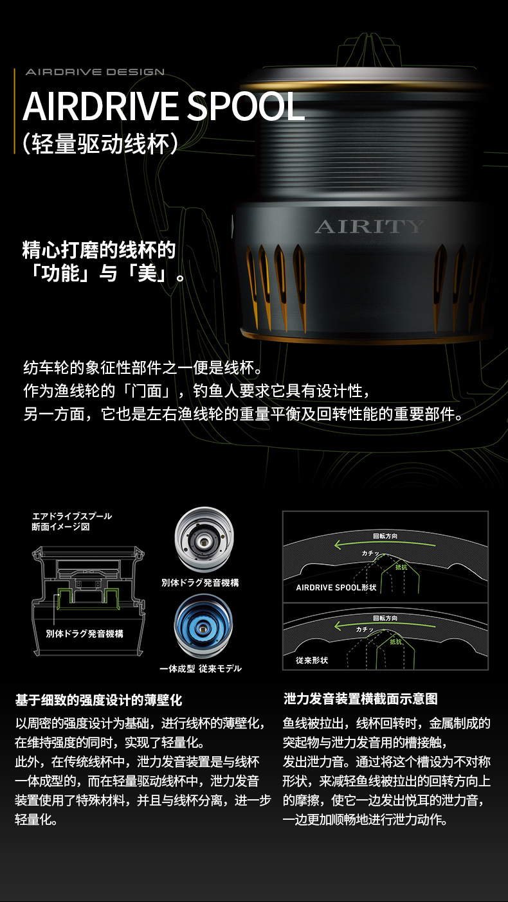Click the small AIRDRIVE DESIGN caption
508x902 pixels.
(x=95, y=72)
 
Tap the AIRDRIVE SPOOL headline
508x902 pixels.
(x=164, y=106)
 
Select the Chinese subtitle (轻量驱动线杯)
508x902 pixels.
(x=100, y=144)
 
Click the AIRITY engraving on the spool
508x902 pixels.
(x=369, y=227)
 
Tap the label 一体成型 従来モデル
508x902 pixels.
(x=201, y=668)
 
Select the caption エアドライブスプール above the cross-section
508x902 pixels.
(x=72, y=517)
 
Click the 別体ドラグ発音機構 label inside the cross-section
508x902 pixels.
(x=85, y=634)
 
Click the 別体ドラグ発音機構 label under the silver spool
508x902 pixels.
(x=201, y=583)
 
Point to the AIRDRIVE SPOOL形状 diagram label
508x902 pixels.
(x=336, y=587)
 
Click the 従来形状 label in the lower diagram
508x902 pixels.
(x=312, y=660)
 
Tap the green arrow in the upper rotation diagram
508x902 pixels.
(x=385, y=544)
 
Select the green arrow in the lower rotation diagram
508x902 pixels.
(x=385, y=625)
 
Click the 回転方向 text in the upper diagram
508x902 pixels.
(x=385, y=536)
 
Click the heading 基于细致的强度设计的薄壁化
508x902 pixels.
(x=99, y=700)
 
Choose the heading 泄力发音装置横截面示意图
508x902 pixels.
(x=361, y=698)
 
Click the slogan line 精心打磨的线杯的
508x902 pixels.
(x=99, y=250)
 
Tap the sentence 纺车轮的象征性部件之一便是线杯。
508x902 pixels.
(x=143, y=367)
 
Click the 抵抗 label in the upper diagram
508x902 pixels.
(x=401, y=567)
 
